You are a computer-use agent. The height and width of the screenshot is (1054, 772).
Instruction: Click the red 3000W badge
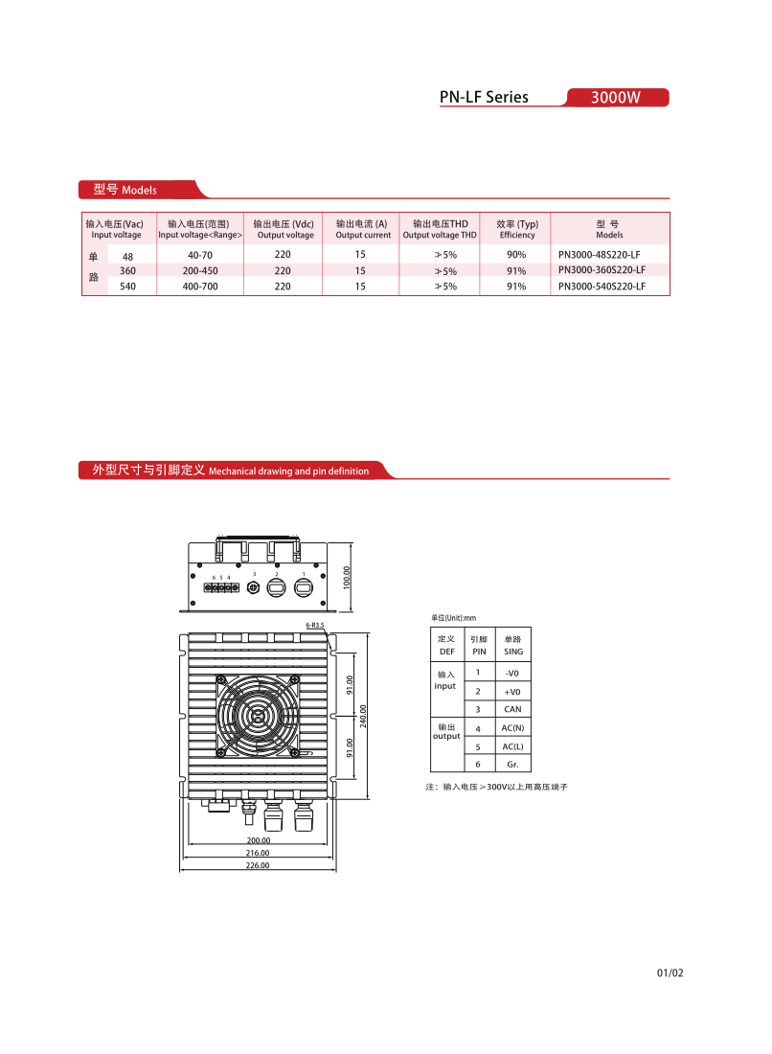coord(616,98)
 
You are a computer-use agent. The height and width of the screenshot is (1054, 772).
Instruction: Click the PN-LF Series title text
coord(484,98)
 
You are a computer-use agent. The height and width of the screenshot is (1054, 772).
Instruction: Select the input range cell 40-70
coord(200,255)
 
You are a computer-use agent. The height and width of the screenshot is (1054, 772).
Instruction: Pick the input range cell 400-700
coord(200,286)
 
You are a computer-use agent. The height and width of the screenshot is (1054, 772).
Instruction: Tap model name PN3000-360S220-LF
coord(601,270)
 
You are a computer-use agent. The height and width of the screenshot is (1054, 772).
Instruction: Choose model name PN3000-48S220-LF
coord(599,255)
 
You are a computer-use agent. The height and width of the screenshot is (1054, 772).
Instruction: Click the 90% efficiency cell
coord(516,255)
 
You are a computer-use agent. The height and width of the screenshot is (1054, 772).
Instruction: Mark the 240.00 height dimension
coord(364,716)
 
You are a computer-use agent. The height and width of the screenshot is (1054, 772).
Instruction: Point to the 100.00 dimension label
coord(348,577)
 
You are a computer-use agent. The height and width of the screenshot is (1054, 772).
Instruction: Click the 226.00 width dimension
coord(258,865)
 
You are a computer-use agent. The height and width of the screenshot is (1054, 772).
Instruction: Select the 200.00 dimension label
coord(258,840)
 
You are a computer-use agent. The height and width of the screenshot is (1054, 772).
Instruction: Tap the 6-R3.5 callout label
coord(314,625)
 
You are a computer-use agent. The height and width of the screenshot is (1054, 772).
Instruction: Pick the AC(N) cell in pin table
coord(512,728)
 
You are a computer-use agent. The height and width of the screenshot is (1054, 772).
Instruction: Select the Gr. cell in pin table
coord(512,764)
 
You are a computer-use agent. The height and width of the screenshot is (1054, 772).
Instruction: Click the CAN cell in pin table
coord(512,710)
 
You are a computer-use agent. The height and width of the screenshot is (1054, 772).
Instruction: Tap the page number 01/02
coord(670,974)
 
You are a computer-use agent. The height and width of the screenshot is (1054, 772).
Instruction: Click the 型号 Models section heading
coord(125,190)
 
